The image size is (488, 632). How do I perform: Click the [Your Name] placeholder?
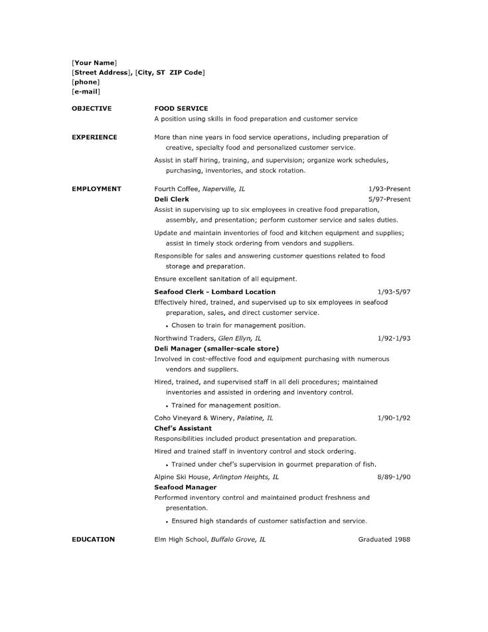pyautogui.click(x=94, y=62)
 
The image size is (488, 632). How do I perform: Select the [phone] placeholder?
pyautogui.click(x=86, y=82)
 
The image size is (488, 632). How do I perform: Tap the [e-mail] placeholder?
pyautogui.click(x=86, y=91)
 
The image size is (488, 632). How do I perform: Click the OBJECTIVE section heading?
pyautogui.click(x=92, y=108)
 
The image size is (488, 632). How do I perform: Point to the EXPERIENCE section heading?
pyautogui.click(x=94, y=137)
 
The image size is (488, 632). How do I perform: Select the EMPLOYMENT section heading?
pyautogui.click(x=96, y=189)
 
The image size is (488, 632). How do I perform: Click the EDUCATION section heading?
pyautogui.click(x=93, y=540)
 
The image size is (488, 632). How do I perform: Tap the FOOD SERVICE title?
pyautogui.click(x=181, y=108)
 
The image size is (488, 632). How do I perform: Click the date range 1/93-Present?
pyautogui.click(x=389, y=189)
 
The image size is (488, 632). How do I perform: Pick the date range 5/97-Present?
pyautogui.click(x=389, y=199)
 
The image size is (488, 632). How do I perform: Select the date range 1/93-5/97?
pyautogui.click(x=394, y=291)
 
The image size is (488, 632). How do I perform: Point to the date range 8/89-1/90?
pyautogui.click(x=394, y=477)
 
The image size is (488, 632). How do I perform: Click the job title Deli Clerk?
pyautogui.click(x=171, y=199)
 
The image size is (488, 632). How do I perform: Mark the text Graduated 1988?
pyautogui.click(x=384, y=540)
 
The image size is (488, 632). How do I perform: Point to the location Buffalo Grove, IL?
pyautogui.click(x=238, y=540)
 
